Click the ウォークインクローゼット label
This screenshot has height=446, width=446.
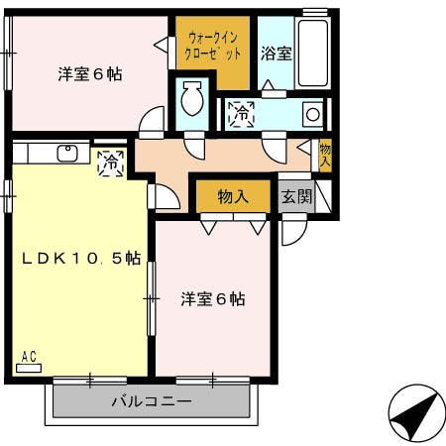212,46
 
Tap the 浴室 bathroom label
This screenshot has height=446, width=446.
277,54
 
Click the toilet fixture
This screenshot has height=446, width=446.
191,100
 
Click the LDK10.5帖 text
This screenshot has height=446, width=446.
81,259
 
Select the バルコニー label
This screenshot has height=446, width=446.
151,402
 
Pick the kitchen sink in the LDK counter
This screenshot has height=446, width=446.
68,154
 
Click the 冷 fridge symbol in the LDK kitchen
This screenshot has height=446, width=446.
111,161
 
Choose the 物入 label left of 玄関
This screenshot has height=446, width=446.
232,196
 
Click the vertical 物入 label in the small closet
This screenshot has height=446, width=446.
325,156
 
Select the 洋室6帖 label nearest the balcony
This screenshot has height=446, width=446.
213,298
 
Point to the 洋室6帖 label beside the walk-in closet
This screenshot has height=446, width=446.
89,73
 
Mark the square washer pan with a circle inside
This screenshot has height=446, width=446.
312,114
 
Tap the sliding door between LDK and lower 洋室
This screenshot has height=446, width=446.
152,297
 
